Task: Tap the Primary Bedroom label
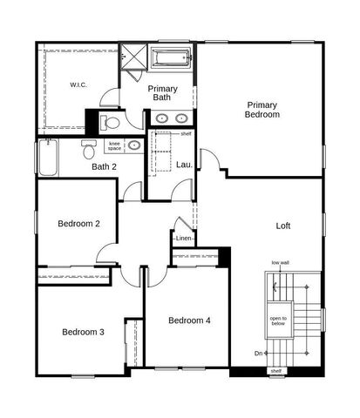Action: point(262,109)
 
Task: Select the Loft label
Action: point(283,226)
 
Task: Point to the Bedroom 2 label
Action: point(78,224)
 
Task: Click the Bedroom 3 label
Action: point(83,332)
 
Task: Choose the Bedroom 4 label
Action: point(189,320)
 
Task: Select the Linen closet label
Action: point(183,238)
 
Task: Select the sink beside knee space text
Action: point(135,145)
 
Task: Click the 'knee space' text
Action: point(115,145)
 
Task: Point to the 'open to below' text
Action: point(278,320)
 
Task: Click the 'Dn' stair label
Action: point(258,353)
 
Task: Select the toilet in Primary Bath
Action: point(109,121)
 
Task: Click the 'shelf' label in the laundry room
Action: point(186,134)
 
